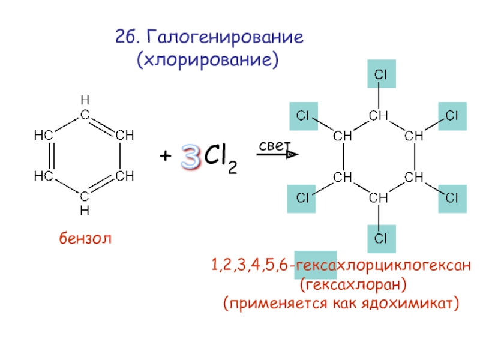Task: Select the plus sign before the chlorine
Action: tap(165, 157)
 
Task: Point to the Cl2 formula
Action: tap(220, 158)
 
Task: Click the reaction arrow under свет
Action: tap(277, 155)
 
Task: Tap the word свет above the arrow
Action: tap(274, 146)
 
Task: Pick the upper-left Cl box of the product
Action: tap(304, 115)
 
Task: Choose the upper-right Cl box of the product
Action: tap(452, 115)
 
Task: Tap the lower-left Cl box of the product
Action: tap(304, 197)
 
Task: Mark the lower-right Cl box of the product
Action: tap(452, 197)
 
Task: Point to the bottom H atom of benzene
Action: tap(85, 210)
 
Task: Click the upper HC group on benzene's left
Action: tap(43, 135)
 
